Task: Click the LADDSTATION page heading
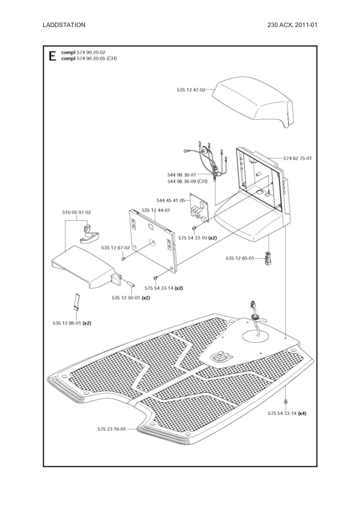pyautogui.click(x=64, y=25)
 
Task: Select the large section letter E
pyautogui.click(x=52, y=56)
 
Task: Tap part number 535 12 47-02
pyautogui.click(x=191, y=90)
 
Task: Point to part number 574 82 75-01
pyautogui.click(x=297, y=158)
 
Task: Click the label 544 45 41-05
pyautogui.click(x=171, y=200)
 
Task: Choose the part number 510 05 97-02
pyautogui.click(x=76, y=212)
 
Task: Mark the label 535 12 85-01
pyautogui.click(x=240, y=258)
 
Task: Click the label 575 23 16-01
pyautogui.click(x=112, y=429)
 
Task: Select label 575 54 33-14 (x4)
pyautogui.click(x=287, y=413)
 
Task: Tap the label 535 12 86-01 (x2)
pyautogui.click(x=72, y=323)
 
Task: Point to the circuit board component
pyautogui.click(x=199, y=208)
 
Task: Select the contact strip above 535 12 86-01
pyautogui.click(x=76, y=301)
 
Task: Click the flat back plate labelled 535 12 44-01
pyautogui.click(x=153, y=239)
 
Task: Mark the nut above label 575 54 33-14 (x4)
pyautogui.click(x=285, y=401)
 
